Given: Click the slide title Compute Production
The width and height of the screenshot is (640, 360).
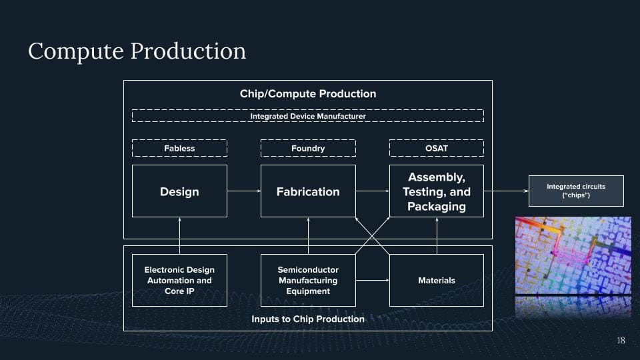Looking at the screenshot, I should tap(137, 51).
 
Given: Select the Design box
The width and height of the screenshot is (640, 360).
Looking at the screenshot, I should tap(179, 191).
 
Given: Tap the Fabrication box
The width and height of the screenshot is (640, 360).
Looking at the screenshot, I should tap(308, 191).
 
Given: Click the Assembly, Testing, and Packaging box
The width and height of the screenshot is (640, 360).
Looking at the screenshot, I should tap(437, 191).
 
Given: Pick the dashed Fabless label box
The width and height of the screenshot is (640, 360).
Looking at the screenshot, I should tap(179, 148).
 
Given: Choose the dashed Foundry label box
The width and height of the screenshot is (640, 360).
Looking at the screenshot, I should tap(308, 148).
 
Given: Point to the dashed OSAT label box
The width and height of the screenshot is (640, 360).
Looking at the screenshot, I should tap(437, 148).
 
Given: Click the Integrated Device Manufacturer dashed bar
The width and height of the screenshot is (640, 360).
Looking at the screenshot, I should tap(308, 116).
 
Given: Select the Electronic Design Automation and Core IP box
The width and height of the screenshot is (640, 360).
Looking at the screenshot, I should tap(179, 280).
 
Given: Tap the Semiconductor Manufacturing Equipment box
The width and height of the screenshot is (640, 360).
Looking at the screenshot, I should tap(308, 280).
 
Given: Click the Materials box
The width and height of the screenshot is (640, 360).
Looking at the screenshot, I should tap(437, 280).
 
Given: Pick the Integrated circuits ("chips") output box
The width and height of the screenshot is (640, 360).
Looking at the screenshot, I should tap(576, 191).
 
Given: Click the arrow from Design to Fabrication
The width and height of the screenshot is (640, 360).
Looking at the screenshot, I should tap(243, 191).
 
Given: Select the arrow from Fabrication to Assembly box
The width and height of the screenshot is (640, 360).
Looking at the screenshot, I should tap(372, 191).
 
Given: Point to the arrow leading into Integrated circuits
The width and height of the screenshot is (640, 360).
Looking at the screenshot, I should tap(506, 191).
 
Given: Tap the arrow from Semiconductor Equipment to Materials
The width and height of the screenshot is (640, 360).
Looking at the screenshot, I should tap(372, 280).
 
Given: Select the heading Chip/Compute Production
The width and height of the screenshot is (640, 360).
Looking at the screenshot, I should tap(308, 94).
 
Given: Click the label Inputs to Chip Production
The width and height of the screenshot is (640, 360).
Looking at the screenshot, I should tap(308, 319).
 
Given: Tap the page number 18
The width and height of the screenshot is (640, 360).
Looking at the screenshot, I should tap(621, 341).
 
